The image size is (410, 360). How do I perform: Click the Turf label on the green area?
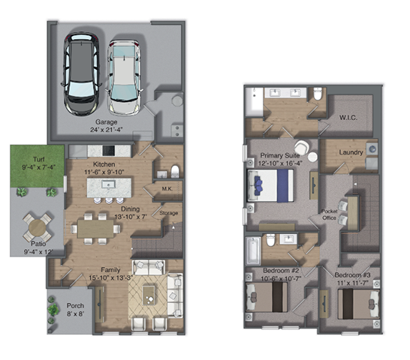[x=29, y=160]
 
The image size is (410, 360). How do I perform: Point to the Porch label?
[x=74, y=307]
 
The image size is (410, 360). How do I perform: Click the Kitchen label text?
[x=103, y=163]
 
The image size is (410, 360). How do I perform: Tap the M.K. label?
[x=168, y=190]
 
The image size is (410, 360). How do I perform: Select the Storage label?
[x=169, y=214]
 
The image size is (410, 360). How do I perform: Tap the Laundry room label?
[x=351, y=153]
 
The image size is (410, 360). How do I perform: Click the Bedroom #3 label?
[x=353, y=275]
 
